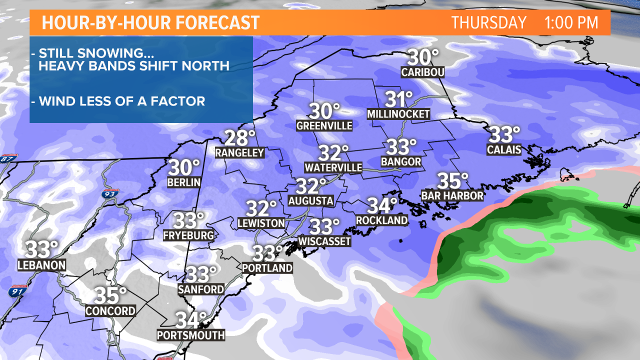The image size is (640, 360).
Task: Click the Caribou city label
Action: (x=423, y=72)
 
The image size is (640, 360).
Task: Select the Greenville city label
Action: (x=324, y=125)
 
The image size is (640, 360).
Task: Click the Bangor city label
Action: (x=401, y=162)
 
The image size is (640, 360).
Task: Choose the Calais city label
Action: (x=504, y=149)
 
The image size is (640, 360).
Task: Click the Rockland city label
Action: (x=382, y=220)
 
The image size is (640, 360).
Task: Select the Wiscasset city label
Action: (x=324, y=241)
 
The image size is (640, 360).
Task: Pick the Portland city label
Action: (x=267, y=268)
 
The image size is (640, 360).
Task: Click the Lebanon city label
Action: (x=42, y=265)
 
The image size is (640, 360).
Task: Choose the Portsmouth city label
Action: (x=191, y=335)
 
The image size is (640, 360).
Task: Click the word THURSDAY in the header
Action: (x=489, y=23)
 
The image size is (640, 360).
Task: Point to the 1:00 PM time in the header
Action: (x=571, y=23)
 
